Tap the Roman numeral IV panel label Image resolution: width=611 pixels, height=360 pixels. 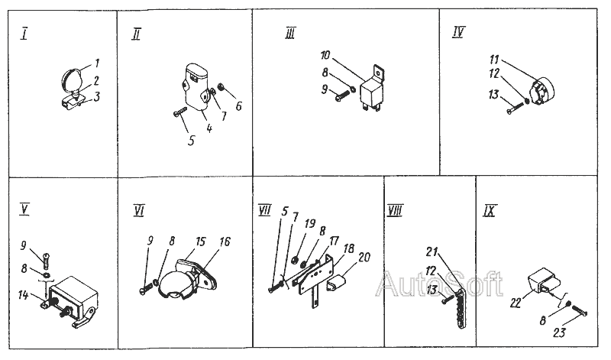[x=458, y=31]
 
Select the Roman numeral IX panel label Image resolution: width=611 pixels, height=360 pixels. [x=489, y=211]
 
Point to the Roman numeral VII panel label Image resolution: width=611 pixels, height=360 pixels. [x=264, y=210]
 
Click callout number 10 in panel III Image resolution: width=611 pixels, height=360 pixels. [x=325, y=55]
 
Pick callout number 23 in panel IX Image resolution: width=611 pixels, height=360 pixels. [x=559, y=332]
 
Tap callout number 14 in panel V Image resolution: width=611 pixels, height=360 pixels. [x=23, y=295]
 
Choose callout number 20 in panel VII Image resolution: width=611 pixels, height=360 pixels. [x=364, y=257]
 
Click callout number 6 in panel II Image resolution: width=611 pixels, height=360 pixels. [x=239, y=105]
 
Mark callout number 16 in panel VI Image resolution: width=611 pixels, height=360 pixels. [x=225, y=242]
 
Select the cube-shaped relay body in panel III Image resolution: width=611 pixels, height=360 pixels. [x=370, y=92]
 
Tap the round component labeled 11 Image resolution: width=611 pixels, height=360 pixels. [x=542, y=91]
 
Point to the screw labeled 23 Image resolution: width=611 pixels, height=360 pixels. [x=579, y=310]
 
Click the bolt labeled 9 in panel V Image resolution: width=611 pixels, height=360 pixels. [x=46, y=260]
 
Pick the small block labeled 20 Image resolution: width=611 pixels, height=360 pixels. [x=338, y=282]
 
